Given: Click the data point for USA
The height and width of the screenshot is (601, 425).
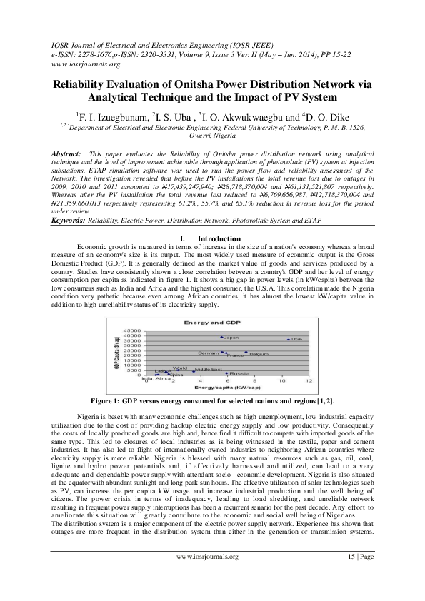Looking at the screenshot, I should coord(288,339).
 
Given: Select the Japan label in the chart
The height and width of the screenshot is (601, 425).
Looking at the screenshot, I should coord(231,338).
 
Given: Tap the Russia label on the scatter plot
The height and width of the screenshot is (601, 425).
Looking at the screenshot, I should coord(239,374).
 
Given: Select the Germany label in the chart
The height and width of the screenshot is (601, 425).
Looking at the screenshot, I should coord(209,353).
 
